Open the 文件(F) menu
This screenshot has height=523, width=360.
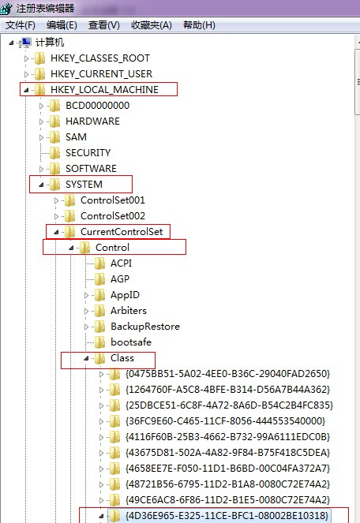tap(21, 25)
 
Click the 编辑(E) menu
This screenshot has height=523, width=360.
tap(62, 25)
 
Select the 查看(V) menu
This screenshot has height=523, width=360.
tap(104, 25)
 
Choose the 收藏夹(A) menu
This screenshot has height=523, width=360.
tap(152, 25)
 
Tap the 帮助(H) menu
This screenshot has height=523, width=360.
tap(199, 25)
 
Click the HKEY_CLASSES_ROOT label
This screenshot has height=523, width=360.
tap(100, 58)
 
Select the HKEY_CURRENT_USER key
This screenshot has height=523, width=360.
tap(102, 73)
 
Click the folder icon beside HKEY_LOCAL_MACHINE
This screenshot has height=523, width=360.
tap(40, 89)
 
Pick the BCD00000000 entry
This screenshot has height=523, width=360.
tap(98, 106)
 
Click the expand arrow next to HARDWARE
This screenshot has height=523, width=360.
tap(41, 121)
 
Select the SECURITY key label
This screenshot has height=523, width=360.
tap(88, 153)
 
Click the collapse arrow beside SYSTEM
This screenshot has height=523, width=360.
tap(41, 185)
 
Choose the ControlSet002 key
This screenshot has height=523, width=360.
tap(113, 216)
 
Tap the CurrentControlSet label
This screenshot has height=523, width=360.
tap(122, 232)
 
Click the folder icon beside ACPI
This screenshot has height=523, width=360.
tap(99, 263)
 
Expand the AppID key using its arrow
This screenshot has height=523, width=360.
tap(87, 295)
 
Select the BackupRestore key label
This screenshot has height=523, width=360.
tap(145, 327)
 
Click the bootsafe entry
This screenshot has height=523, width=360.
tap(131, 342)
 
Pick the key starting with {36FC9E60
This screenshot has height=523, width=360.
tap(226, 421)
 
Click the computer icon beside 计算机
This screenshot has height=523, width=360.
tap(25, 43)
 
